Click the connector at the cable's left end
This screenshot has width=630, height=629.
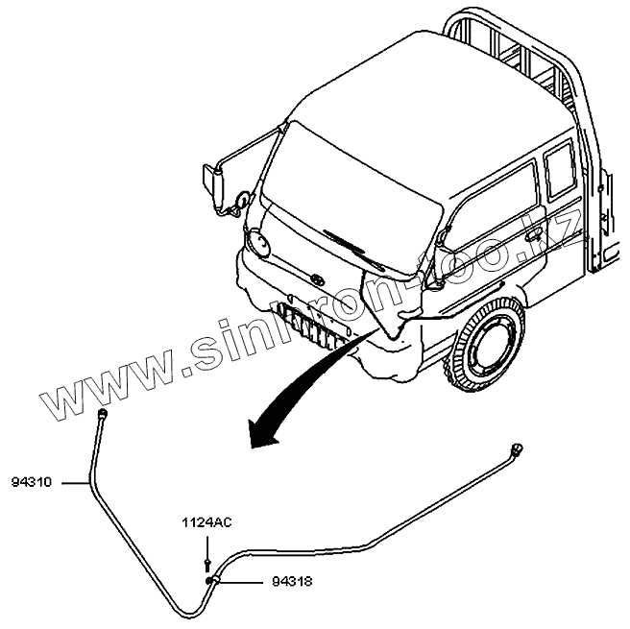[x=99, y=414]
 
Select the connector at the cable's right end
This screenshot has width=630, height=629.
[x=518, y=448]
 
